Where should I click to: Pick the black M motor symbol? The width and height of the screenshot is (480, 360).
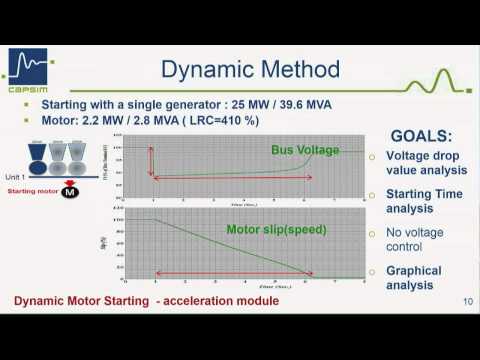pos(69,192)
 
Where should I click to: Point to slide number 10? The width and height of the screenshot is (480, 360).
pos(467,302)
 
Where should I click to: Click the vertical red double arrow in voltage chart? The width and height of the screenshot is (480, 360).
pos(152,160)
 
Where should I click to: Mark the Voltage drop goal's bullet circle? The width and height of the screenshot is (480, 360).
pos(372,157)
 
